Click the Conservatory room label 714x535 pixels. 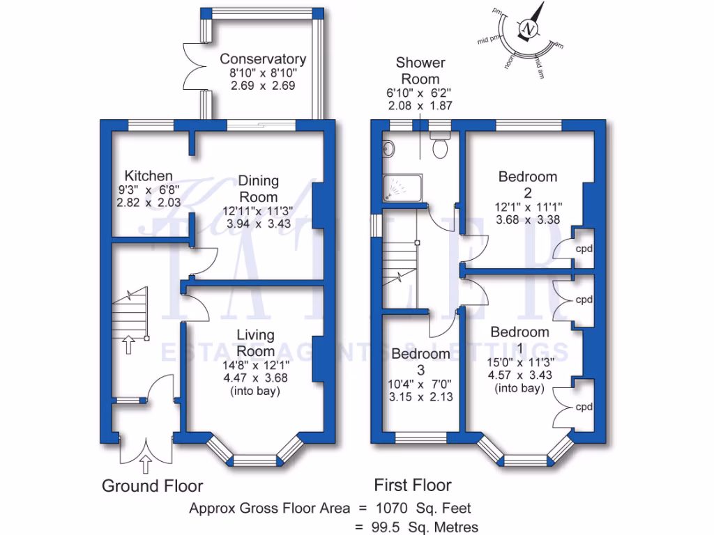[x=263, y=59]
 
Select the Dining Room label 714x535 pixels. [x=259, y=189]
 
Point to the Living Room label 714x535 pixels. [x=255, y=343]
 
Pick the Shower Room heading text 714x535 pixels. [x=420, y=70]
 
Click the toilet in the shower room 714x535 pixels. [x=440, y=147]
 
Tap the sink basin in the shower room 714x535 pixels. [x=388, y=148]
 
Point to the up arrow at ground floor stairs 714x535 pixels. [x=129, y=343]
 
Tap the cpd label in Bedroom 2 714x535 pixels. [x=584, y=249]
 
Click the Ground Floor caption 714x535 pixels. [x=153, y=486]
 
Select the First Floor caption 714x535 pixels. [x=413, y=485]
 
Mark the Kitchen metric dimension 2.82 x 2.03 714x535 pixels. [x=149, y=202]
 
